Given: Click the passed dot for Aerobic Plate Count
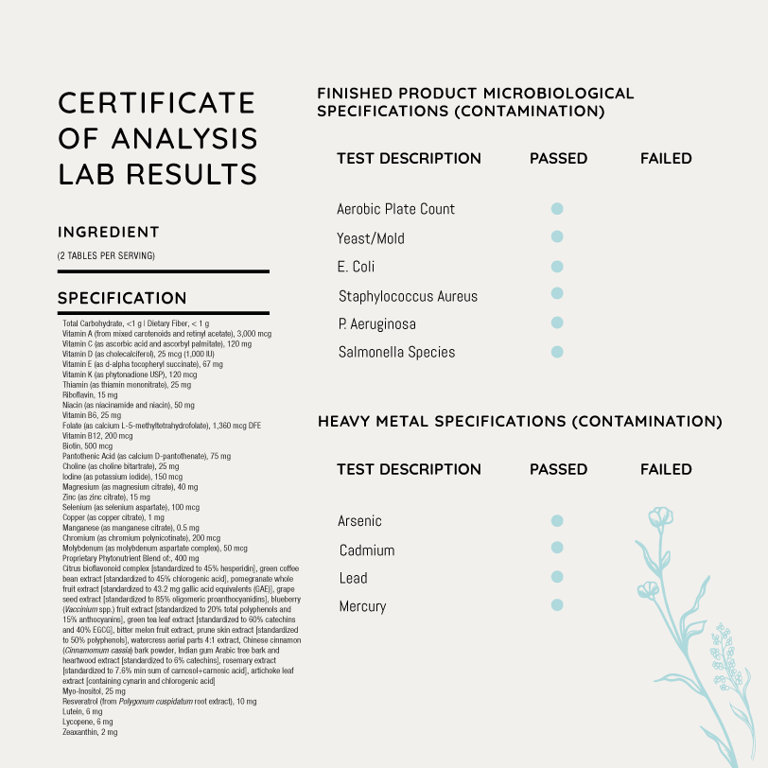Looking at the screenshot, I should (x=557, y=208).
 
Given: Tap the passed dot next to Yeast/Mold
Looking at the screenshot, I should (x=557, y=236).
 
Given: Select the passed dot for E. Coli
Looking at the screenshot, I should (x=557, y=267).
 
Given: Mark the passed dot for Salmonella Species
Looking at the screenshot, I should (x=557, y=352).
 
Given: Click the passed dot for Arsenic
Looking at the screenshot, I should (x=557, y=520).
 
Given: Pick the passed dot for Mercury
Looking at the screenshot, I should (x=557, y=604).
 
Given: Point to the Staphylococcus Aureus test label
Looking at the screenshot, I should (x=408, y=296).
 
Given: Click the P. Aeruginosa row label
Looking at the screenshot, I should (x=376, y=324).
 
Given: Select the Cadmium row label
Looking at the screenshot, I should (x=367, y=550).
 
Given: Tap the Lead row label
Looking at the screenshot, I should (x=353, y=578).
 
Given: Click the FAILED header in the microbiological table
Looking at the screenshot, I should (x=666, y=159).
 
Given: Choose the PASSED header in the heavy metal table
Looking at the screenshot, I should (x=558, y=469).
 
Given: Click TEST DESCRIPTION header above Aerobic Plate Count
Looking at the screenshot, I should (x=409, y=159).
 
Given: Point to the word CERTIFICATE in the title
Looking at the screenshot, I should (x=157, y=102).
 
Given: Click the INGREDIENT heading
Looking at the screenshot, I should (x=109, y=233).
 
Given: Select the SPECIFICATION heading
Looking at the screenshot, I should (x=122, y=299).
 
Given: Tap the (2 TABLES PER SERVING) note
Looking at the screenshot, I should (x=106, y=255).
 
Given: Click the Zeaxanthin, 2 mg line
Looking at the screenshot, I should (x=90, y=732).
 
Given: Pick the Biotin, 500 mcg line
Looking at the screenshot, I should (x=86, y=445).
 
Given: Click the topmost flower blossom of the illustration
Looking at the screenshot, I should (x=660, y=517).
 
